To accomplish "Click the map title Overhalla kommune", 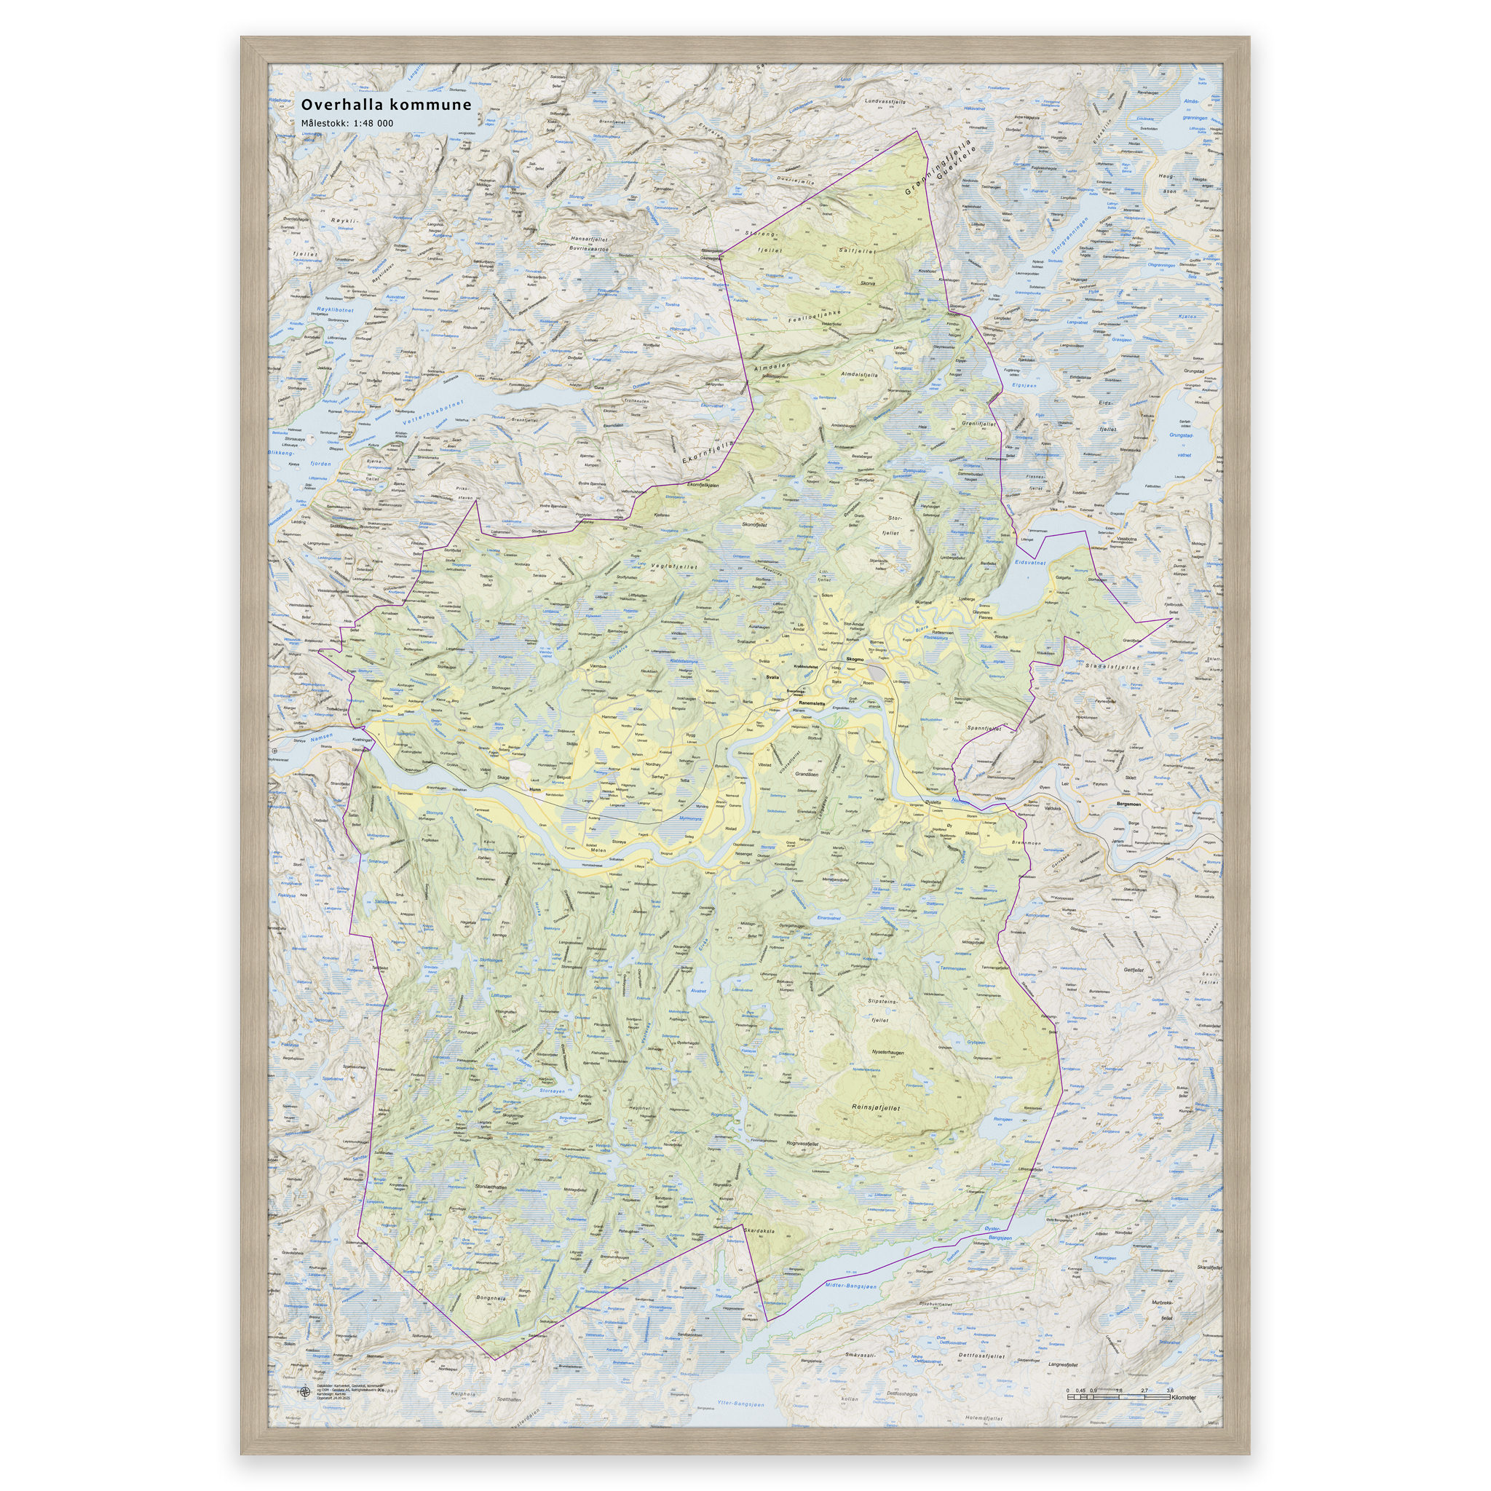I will [386, 105].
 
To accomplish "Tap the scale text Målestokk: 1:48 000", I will [347, 124].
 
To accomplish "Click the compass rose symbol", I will [306, 1391].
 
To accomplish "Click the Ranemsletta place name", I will [812, 703].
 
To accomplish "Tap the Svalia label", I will [772, 676].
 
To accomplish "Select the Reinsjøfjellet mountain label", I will [875, 1107].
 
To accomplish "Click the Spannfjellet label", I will [984, 727].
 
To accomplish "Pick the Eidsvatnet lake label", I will [1029, 563].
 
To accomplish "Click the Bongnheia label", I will [491, 1297].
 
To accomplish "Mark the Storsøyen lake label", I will [552, 1091].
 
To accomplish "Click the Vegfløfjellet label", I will [673, 566].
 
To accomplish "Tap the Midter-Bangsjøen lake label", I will [850, 1286].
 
